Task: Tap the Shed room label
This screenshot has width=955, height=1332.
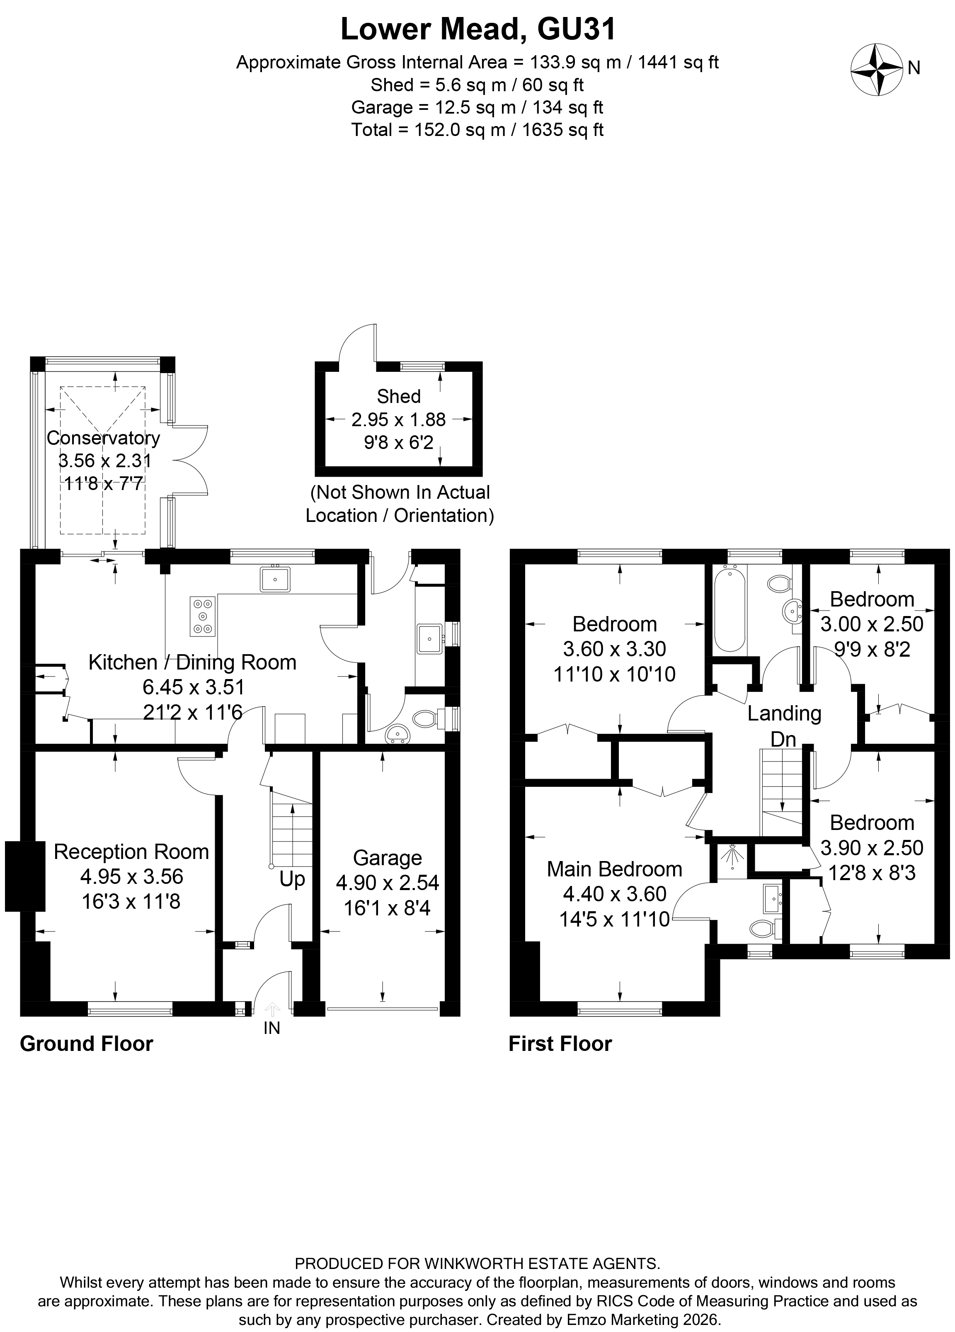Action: click(x=398, y=396)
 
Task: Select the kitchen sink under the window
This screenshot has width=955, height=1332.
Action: click(x=275, y=579)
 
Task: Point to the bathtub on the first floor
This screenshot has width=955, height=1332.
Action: click(x=729, y=609)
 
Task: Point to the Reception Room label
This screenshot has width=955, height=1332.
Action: click(x=131, y=852)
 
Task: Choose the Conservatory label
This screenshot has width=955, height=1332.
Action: click(x=103, y=437)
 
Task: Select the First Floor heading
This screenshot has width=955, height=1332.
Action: click(x=560, y=1060)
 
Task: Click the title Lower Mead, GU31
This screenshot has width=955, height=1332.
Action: click(x=477, y=29)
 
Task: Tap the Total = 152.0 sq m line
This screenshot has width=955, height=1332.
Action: click(x=477, y=129)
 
